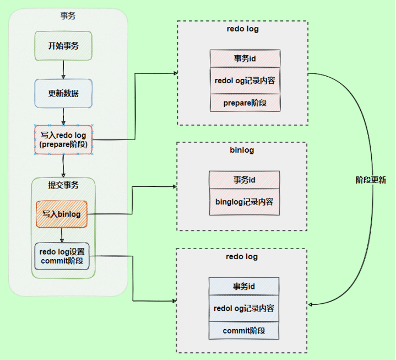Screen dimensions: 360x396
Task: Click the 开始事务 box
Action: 63,46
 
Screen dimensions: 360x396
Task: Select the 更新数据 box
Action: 63,93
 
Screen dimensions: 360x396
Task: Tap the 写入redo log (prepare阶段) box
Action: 63,140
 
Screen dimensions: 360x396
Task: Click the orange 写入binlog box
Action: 62,214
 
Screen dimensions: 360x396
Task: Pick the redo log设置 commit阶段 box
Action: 62,256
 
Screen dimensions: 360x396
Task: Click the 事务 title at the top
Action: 68,16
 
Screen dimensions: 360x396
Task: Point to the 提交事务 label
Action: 63,185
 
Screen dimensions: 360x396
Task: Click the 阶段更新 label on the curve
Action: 371,180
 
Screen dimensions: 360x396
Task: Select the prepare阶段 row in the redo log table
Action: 245,103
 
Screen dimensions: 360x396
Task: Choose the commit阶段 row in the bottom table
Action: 244,331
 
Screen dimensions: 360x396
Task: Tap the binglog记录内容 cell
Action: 244,202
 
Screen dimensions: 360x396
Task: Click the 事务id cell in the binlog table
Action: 244,180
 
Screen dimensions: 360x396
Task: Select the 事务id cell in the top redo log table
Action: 245,58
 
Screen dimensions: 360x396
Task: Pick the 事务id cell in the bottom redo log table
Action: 244,287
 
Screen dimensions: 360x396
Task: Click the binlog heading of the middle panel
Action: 241,150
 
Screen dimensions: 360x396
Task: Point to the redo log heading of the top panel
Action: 242,29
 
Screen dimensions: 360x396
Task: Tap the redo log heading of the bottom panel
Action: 241,257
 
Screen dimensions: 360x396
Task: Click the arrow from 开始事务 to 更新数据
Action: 63,69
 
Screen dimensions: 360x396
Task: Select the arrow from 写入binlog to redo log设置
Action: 62,235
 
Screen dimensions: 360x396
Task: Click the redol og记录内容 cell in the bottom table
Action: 244,309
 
